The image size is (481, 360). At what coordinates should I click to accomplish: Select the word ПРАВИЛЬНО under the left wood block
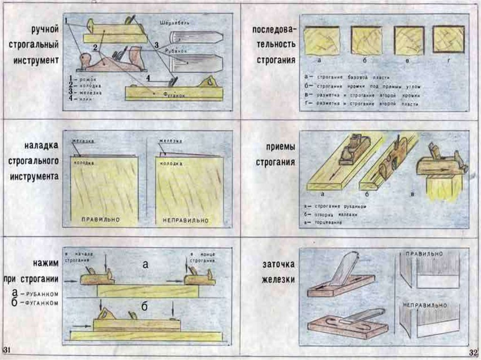point(101,219)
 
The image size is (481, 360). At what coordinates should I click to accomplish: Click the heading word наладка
point(42,146)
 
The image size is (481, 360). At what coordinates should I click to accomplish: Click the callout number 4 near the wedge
point(148,77)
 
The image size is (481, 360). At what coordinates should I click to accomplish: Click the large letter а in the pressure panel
point(145,265)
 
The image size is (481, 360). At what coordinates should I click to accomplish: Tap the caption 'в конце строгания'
point(203,257)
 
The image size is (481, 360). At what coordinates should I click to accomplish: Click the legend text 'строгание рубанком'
point(338,206)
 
